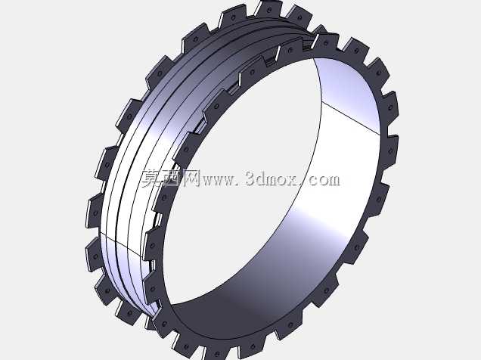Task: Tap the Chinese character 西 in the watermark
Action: pos(171,178)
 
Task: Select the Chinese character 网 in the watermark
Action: pos(191,178)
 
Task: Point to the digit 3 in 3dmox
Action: pos(250,179)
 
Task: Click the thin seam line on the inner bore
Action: pos(352,116)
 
